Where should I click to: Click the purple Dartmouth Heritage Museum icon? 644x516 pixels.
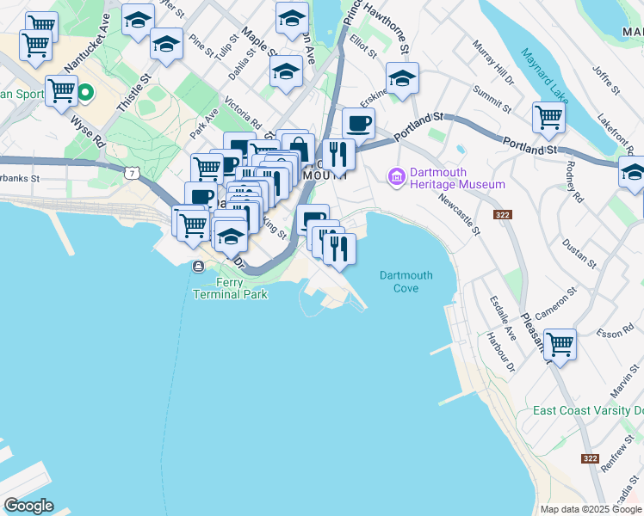396,177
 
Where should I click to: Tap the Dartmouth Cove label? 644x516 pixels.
406,281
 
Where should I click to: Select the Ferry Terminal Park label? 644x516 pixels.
230,288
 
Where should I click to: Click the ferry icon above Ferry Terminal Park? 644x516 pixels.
198,266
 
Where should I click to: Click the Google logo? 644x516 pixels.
28,506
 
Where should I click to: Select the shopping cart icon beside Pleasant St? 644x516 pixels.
560,345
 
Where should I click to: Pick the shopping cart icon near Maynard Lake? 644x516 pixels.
548,118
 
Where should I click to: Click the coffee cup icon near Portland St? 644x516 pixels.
358,123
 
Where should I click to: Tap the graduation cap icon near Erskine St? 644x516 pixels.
402,79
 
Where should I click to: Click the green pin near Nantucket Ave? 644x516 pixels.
86,92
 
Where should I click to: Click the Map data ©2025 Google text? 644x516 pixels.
591,508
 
